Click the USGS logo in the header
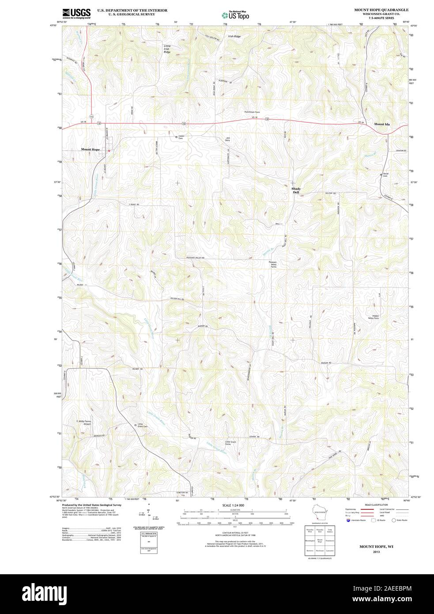[76, 13]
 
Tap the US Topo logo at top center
[235, 15]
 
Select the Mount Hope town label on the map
[90, 150]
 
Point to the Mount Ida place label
[382, 125]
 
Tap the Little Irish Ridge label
[167, 49]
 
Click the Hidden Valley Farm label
[374, 317]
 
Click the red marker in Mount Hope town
[109, 151]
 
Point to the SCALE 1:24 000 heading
[233, 505]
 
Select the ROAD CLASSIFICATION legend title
[377, 505]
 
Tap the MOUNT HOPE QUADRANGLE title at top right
[381, 10]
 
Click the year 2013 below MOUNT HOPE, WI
[376, 552]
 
